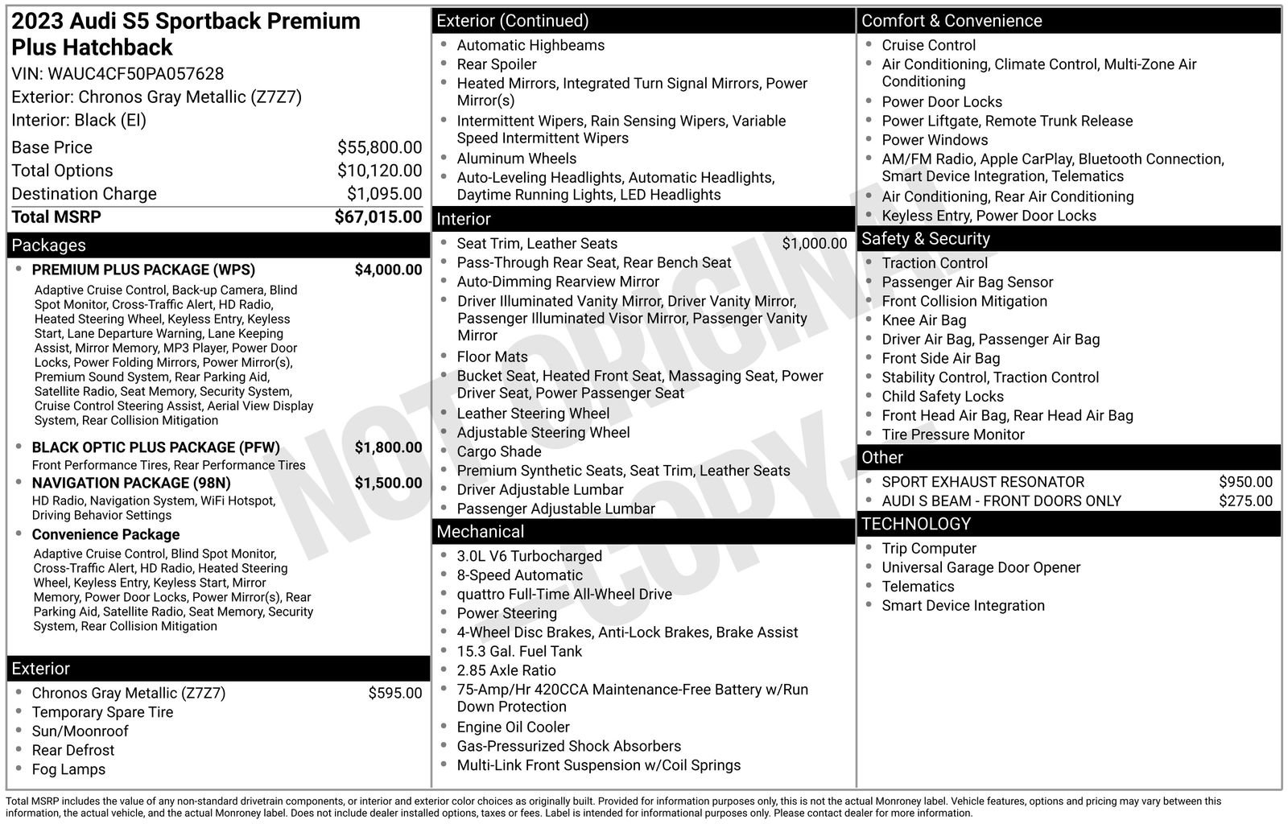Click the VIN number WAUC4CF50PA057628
[135, 74]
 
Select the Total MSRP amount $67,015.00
[378, 217]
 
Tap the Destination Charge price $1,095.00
[384, 194]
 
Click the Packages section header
[49, 245]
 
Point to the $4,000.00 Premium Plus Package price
[388, 270]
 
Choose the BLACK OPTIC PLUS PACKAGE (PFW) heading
[155, 447]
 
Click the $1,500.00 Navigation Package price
[388, 483]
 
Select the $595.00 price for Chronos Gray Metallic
[394, 693]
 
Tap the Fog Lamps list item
[68, 769]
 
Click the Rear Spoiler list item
[496, 64]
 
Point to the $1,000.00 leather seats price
[814, 244]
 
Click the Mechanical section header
[480, 532]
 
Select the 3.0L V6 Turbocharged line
[529, 556]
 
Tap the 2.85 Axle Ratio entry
[506, 670]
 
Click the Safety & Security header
[925, 239]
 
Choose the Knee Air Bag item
[923, 320]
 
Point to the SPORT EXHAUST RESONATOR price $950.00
[1245, 482]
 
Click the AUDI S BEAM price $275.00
[1245, 501]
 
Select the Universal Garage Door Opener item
[980, 567]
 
